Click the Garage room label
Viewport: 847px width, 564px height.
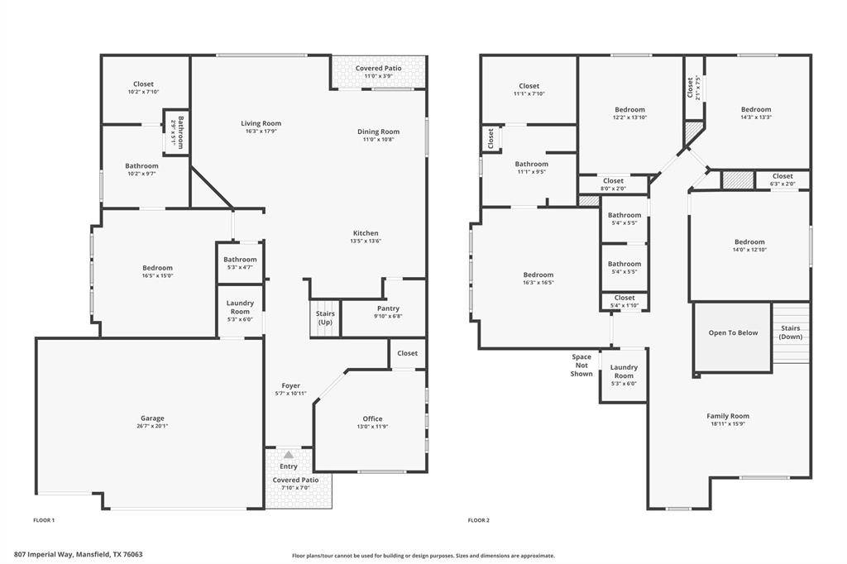tap(151, 418)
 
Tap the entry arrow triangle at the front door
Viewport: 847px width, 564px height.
tap(288, 455)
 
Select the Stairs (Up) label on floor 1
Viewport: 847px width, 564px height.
tap(325, 318)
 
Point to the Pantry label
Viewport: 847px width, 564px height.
tap(388, 308)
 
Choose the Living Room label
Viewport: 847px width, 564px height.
tap(261, 123)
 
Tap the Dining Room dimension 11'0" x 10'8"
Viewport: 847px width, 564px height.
tap(378, 140)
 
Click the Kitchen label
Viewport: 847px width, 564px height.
tap(366, 233)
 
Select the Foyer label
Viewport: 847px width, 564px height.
tap(290, 385)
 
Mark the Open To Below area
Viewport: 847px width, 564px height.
tap(733, 333)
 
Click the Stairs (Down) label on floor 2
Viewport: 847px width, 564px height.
tap(791, 332)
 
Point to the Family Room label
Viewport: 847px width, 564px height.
tap(728, 416)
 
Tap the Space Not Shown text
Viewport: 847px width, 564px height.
tap(581, 366)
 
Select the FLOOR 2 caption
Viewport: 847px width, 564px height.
tap(479, 520)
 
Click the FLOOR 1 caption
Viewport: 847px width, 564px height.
tap(44, 520)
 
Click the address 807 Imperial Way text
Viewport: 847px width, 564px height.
tap(78, 555)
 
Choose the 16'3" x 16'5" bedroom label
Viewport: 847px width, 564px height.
tap(538, 279)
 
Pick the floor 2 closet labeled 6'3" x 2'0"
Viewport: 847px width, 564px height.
tap(782, 179)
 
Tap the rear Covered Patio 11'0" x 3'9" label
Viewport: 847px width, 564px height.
tap(378, 71)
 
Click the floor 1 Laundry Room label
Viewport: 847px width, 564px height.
tap(240, 307)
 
